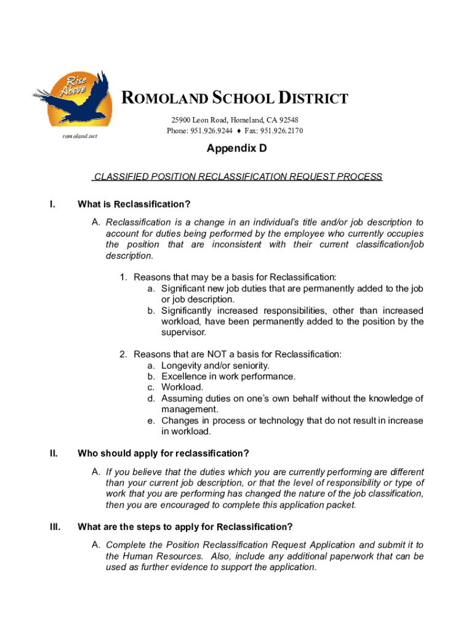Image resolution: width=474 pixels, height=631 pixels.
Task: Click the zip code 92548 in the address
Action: click(x=287, y=120)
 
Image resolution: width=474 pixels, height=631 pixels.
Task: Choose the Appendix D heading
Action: click(x=236, y=149)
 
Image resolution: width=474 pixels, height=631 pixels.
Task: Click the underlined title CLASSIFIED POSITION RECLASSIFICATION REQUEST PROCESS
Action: click(x=237, y=177)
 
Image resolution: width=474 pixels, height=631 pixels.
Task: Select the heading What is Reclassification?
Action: click(x=134, y=204)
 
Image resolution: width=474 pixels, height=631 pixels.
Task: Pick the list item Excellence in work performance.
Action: click(x=228, y=377)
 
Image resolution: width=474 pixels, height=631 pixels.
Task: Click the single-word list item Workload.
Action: click(x=182, y=388)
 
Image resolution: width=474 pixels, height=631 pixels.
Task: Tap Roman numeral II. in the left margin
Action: click(x=54, y=454)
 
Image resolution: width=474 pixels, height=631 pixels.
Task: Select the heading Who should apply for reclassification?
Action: click(x=163, y=454)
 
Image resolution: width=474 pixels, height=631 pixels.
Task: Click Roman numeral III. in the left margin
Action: click(x=55, y=527)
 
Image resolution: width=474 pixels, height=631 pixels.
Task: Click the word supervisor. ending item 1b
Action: click(x=183, y=333)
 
